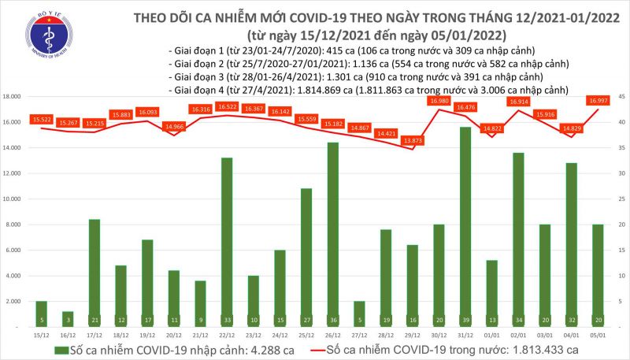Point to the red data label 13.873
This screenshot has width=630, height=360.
(x=412, y=140)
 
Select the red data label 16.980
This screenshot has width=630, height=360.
(x=439, y=101)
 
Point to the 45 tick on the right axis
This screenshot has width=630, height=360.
(x=621, y=97)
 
